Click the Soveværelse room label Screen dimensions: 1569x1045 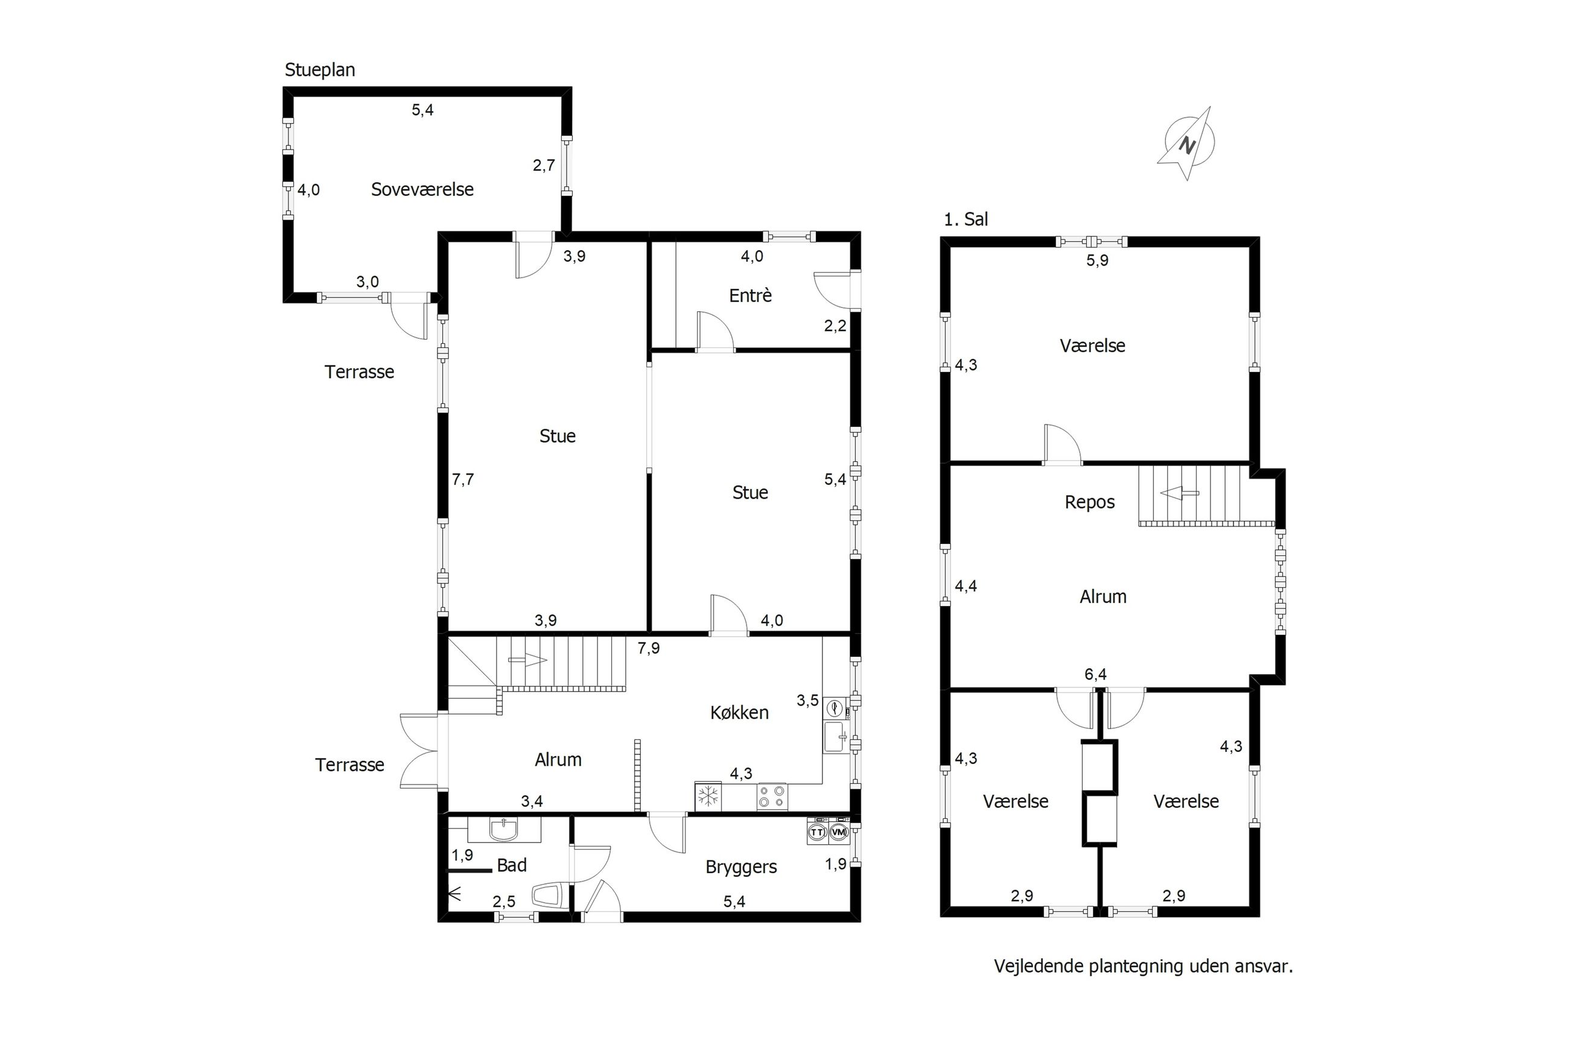pos(422,189)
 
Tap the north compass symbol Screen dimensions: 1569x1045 pos(1189,144)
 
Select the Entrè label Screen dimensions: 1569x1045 pos(750,295)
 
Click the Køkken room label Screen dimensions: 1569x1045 pos(739,712)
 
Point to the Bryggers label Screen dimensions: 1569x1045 pos(741,867)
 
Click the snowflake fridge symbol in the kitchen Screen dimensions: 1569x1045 pos(708,797)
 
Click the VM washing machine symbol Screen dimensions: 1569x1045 pos(838,832)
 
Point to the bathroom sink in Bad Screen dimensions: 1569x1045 pos(503,830)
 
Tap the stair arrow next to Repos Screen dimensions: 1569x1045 pos(1179,493)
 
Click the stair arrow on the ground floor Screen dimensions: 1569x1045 pos(527,660)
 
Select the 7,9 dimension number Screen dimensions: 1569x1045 pos(648,648)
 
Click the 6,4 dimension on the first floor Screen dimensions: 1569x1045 pos(1095,674)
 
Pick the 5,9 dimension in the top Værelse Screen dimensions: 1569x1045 pos(1097,260)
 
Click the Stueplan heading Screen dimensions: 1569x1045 pos(320,70)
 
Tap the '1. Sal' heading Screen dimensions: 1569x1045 pos(966,219)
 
